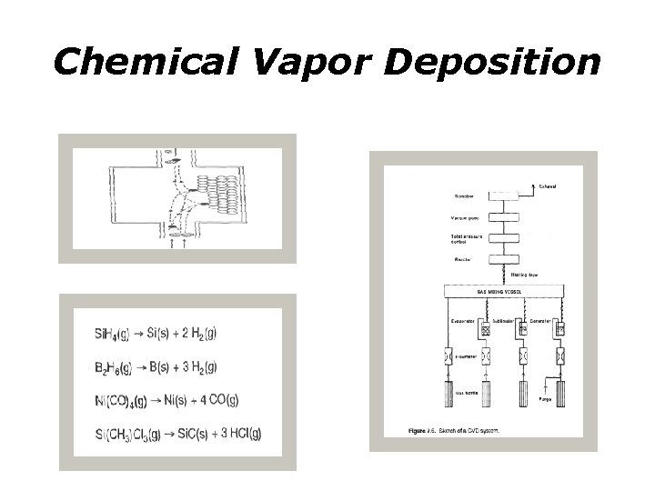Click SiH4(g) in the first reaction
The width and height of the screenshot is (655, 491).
click(114, 333)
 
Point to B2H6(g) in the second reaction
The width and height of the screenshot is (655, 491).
click(114, 366)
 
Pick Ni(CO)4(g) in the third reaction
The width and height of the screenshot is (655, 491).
click(119, 400)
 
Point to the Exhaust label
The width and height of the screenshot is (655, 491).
click(547, 187)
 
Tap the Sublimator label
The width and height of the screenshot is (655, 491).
click(505, 320)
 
